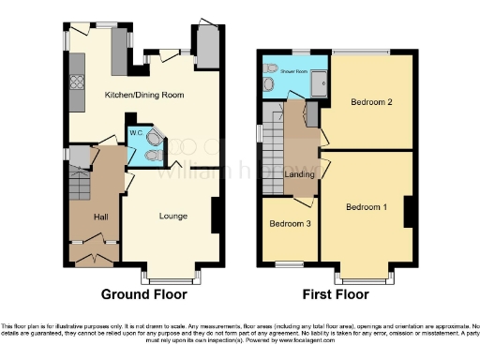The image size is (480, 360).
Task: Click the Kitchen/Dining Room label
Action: (143, 96)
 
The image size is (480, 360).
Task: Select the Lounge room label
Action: (172, 217)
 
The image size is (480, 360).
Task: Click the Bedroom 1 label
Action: (366, 206)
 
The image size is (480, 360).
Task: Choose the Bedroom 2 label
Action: (371, 101)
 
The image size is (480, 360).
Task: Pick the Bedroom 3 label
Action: (289, 225)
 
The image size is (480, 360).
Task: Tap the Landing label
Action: (299, 173)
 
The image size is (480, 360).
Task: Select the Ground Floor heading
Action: (143, 294)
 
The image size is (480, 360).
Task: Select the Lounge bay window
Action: (165, 277)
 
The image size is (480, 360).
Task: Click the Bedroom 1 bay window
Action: (366, 277)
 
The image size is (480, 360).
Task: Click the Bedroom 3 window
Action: (288, 265)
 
